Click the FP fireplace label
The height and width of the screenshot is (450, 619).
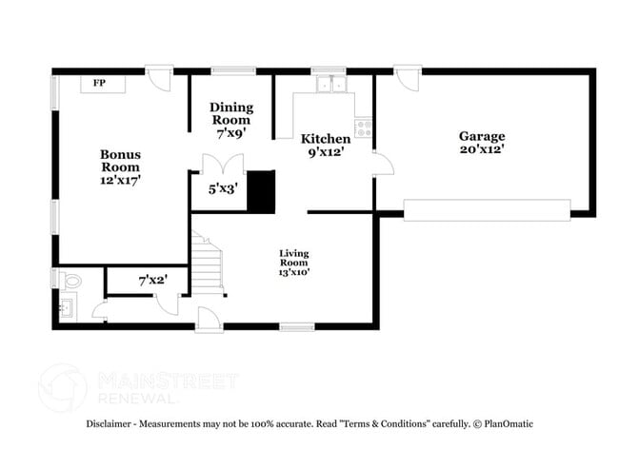(98, 84)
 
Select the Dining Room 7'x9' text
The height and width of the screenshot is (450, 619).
(230, 120)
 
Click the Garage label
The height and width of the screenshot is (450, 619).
(482, 143)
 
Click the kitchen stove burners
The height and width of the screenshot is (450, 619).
(364, 127)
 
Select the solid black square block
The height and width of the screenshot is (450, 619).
(260, 190)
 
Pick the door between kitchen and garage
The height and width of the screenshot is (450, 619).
(383, 163)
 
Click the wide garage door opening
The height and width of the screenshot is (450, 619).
(487, 209)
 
